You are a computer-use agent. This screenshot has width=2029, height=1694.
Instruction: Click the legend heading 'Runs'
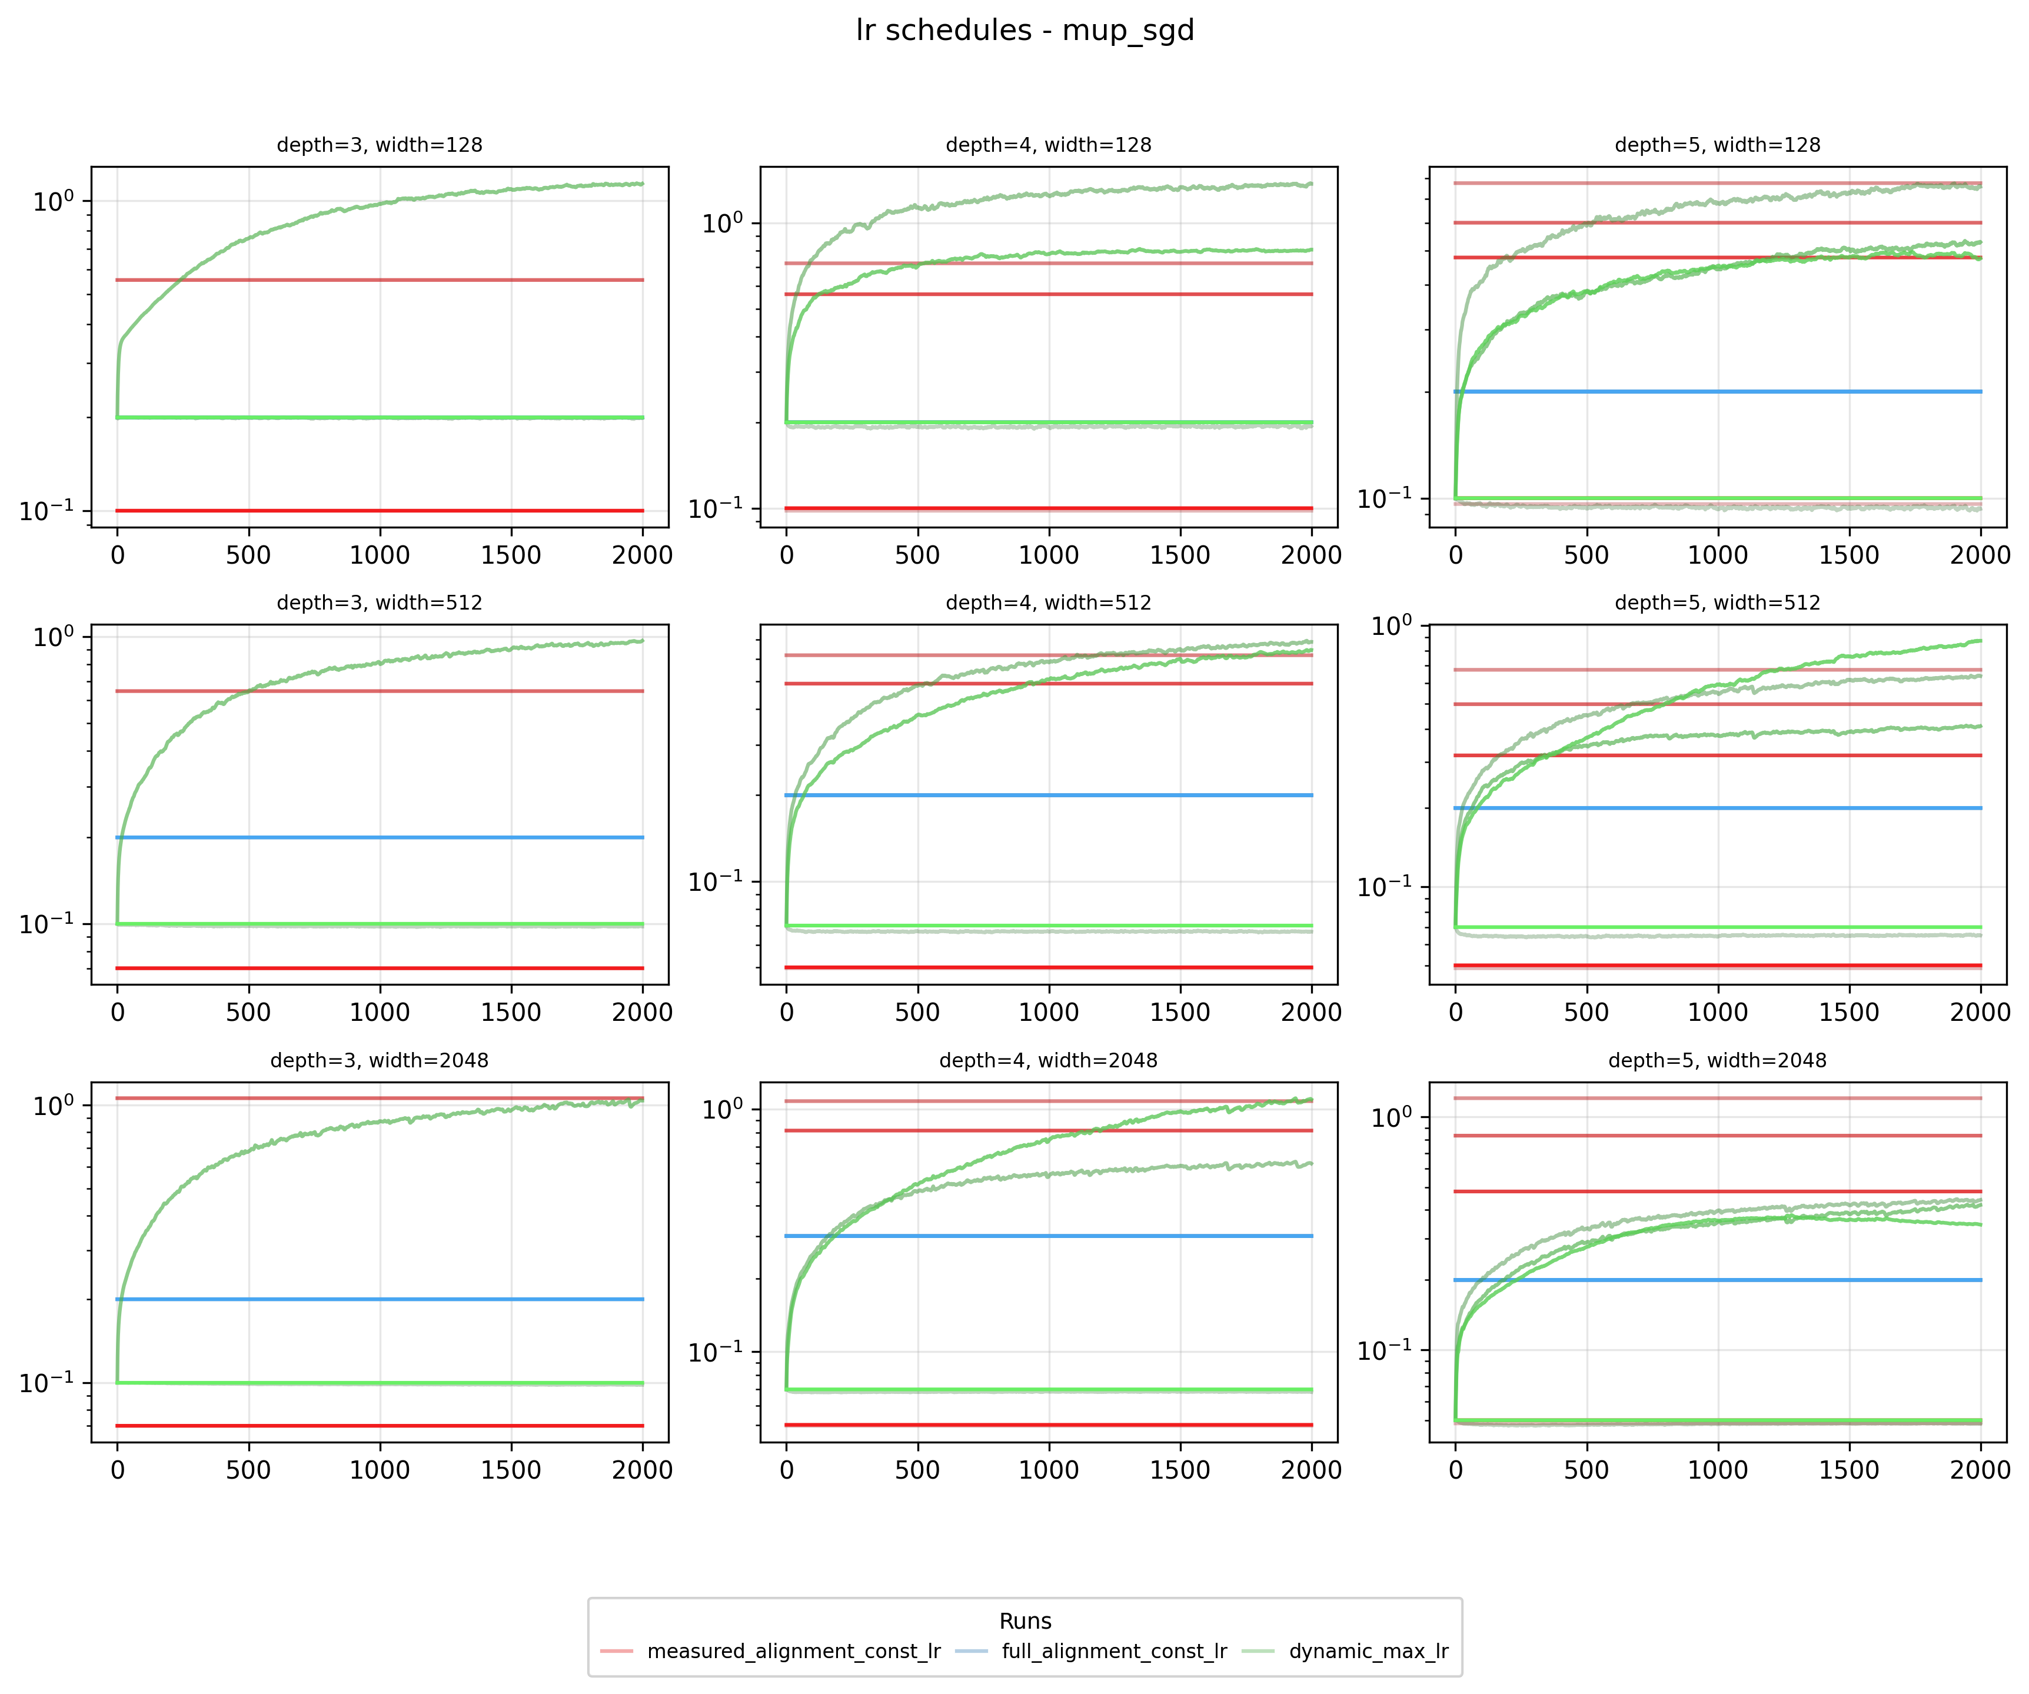point(1025,1620)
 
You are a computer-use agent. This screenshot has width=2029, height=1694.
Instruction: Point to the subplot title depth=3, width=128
point(380,145)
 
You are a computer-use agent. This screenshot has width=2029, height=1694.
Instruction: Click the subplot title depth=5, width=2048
point(1717,1060)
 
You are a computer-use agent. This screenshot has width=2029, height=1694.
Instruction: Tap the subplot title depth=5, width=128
point(1717,145)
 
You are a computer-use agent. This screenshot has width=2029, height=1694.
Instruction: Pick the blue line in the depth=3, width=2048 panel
point(380,1299)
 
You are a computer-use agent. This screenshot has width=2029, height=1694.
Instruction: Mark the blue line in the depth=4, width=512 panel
point(1048,796)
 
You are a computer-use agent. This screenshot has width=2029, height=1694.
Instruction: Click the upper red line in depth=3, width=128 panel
point(380,280)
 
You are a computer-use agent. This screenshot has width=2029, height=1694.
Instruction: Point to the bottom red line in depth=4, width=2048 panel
point(1048,1425)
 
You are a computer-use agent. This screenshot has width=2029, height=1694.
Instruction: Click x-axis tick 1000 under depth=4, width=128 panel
point(1048,555)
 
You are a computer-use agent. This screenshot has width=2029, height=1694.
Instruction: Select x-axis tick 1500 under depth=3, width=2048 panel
point(511,1470)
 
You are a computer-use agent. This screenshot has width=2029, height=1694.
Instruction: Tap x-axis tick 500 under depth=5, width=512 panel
point(1586,1013)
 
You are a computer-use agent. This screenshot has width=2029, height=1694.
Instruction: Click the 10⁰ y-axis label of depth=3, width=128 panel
point(53,202)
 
